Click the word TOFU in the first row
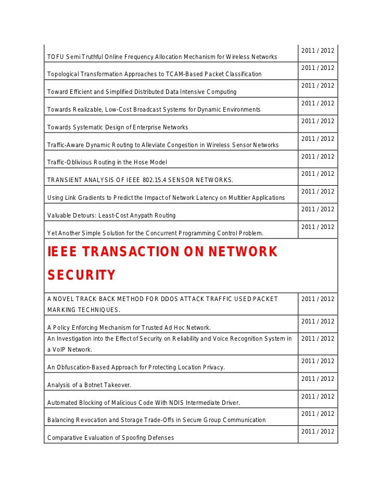[55, 57]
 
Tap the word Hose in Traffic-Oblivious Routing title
[141, 163]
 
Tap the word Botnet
[93, 385]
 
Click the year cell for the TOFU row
[318, 51]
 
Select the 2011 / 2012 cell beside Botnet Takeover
[318, 379]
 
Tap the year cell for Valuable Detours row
[318, 209]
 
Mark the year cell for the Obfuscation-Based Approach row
[318, 361]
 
